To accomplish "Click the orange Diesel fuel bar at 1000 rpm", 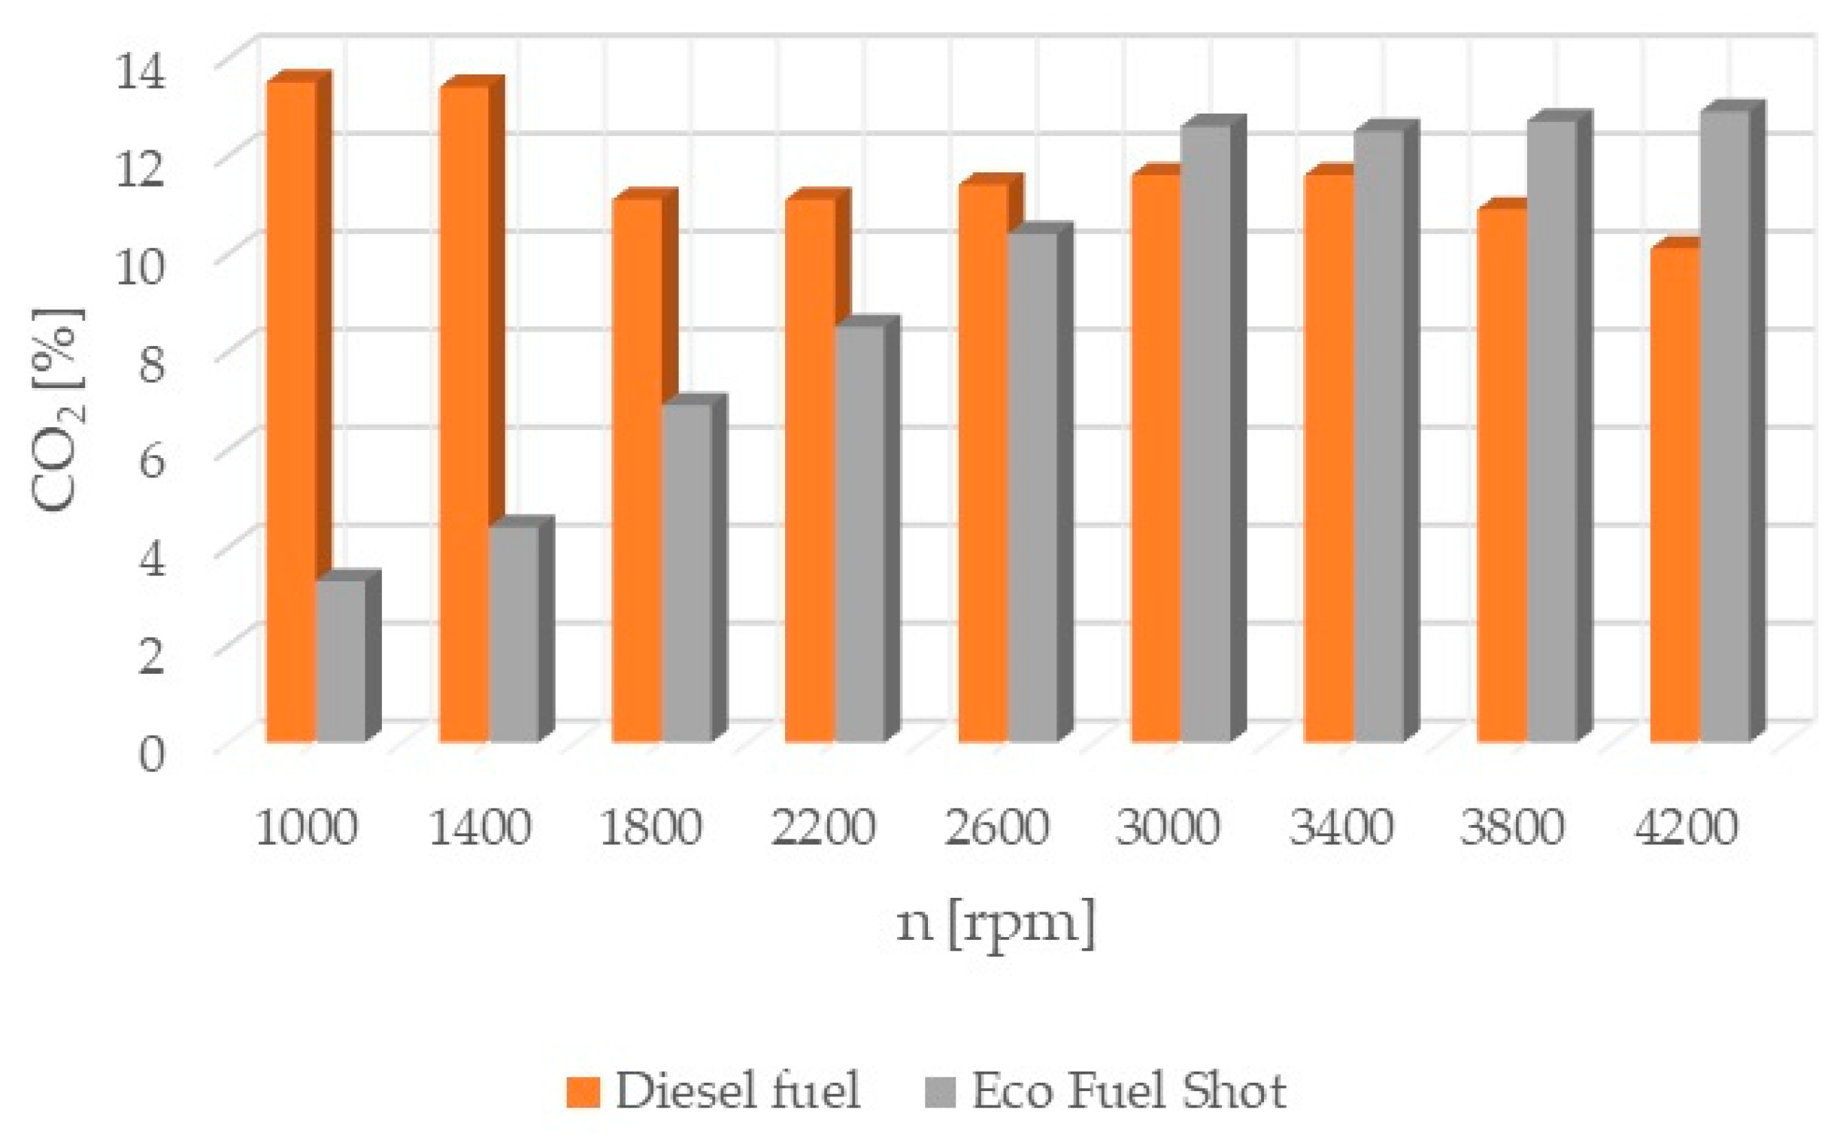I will pyautogui.click(x=291, y=412).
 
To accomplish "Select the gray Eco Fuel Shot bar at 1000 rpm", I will pyautogui.click(x=341, y=661).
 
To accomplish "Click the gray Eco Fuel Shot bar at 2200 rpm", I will pyautogui.click(x=859, y=533).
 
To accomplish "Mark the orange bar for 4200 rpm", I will pyautogui.click(x=1675, y=494).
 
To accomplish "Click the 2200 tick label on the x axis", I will pyautogui.click(x=823, y=828).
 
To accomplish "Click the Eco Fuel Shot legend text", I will pyautogui.click(x=1129, y=1091).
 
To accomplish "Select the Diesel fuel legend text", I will pyautogui.click(x=738, y=1091).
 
